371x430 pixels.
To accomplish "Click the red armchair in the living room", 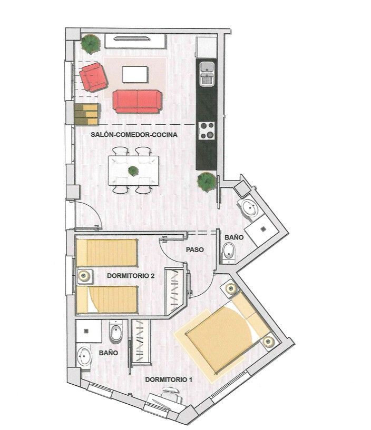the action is coord(93,77).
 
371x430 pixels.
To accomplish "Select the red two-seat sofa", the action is coord(137,102).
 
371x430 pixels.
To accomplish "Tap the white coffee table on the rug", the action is coord(135,74).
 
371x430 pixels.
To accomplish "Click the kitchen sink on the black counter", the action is coord(207,74).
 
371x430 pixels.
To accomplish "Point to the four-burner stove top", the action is coord(207,131).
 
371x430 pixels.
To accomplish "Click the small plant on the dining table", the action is coord(133,171).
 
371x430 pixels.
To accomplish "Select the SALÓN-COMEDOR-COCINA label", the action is coord(134,135).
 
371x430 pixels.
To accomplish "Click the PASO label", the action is coord(195,249).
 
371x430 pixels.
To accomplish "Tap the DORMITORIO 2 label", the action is coord(131,276).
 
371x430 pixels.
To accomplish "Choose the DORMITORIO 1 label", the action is coord(169,379).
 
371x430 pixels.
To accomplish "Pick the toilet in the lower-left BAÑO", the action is coord(116,332).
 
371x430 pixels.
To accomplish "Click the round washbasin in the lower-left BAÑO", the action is coord(84,356).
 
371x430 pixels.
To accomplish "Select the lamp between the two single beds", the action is coord(84,276).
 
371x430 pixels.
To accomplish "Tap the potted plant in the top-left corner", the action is coord(90,44).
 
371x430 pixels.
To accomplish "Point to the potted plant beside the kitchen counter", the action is coord(207,182).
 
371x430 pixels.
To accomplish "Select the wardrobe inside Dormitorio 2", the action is coord(174,291).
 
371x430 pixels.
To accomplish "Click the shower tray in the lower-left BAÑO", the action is coord(89,331).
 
